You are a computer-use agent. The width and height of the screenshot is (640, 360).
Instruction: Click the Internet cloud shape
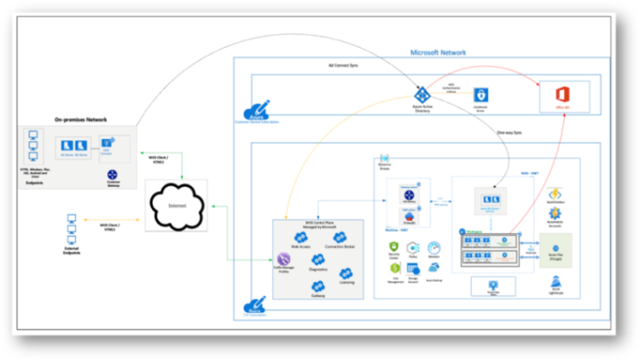[176, 205]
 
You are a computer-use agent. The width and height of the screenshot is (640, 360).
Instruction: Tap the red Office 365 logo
[562, 94]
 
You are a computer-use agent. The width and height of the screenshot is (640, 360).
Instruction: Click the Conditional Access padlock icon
[480, 95]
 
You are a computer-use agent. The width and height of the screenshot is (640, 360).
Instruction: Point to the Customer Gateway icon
[112, 174]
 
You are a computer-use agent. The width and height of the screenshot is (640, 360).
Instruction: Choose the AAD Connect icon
[107, 142]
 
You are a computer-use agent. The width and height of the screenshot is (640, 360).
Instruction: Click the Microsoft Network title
[438, 52]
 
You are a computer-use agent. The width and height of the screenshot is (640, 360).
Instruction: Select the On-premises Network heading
[80, 119]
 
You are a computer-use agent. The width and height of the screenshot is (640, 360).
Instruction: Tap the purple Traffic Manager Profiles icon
[283, 258]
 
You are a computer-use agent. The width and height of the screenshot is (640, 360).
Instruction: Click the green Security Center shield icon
[394, 246]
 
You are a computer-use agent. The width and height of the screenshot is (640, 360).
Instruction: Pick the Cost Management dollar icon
[394, 268]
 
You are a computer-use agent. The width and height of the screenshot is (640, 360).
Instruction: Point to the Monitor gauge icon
[433, 247]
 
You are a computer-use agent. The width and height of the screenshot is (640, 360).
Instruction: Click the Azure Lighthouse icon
[555, 281]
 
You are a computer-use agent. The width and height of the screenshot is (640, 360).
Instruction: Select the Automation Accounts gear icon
[555, 214]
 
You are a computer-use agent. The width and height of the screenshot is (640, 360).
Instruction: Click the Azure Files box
[555, 249]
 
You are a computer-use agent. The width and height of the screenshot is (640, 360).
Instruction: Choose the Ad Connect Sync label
[343, 65]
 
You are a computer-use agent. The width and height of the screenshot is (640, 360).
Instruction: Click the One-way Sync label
[509, 132]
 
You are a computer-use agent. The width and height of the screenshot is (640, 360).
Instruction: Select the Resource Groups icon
[384, 158]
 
